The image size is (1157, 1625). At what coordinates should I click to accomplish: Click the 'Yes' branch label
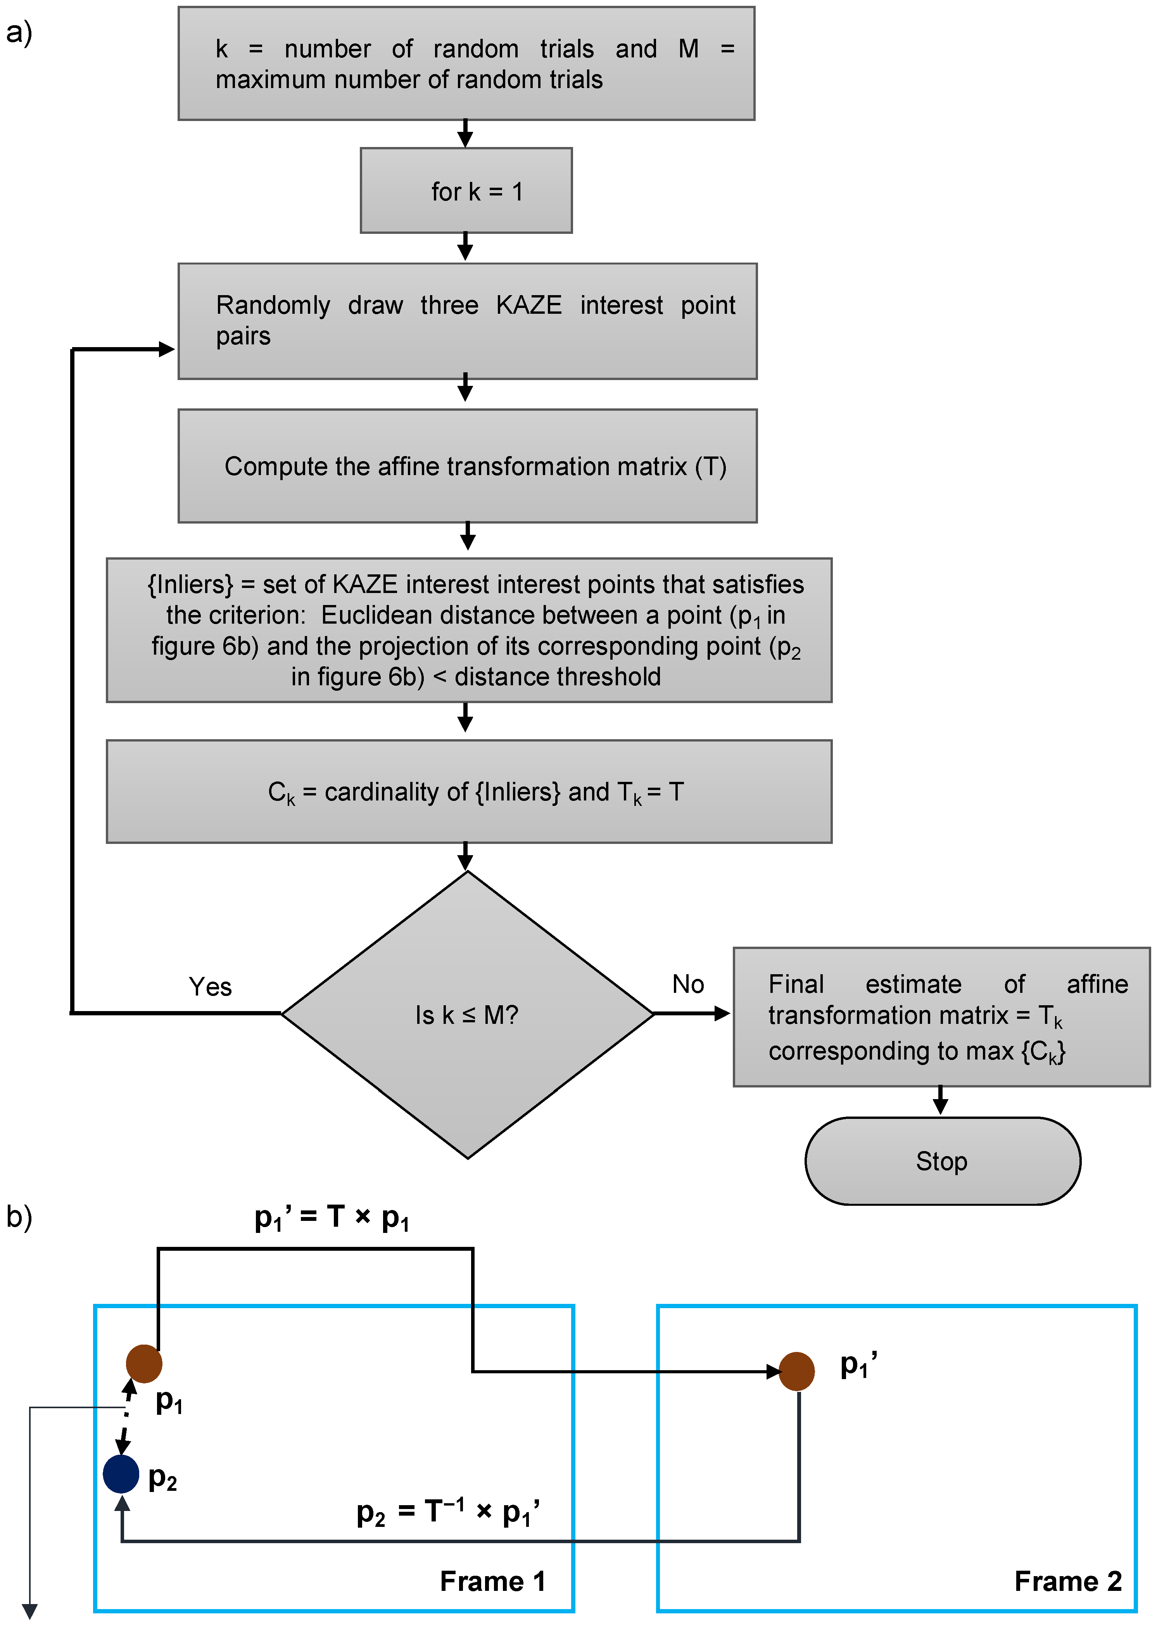(x=210, y=987)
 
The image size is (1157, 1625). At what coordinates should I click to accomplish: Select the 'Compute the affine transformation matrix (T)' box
(x=467, y=466)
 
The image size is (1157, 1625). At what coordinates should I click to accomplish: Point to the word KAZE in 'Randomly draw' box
(x=528, y=305)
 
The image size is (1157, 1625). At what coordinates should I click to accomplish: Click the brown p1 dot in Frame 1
(x=144, y=1364)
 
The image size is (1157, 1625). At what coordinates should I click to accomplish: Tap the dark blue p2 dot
(x=121, y=1474)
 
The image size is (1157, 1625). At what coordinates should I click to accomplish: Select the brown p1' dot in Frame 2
(x=796, y=1371)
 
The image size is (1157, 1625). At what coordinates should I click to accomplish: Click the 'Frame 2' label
(x=1067, y=1581)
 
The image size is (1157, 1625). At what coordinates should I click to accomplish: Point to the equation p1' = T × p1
(x=332, y=1217)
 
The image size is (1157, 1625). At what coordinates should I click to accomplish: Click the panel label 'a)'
(x=19, y=32)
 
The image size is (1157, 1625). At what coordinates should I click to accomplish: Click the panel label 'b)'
(x=19, y=1216)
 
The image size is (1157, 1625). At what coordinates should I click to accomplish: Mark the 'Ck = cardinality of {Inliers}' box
(x=469, y=792)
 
